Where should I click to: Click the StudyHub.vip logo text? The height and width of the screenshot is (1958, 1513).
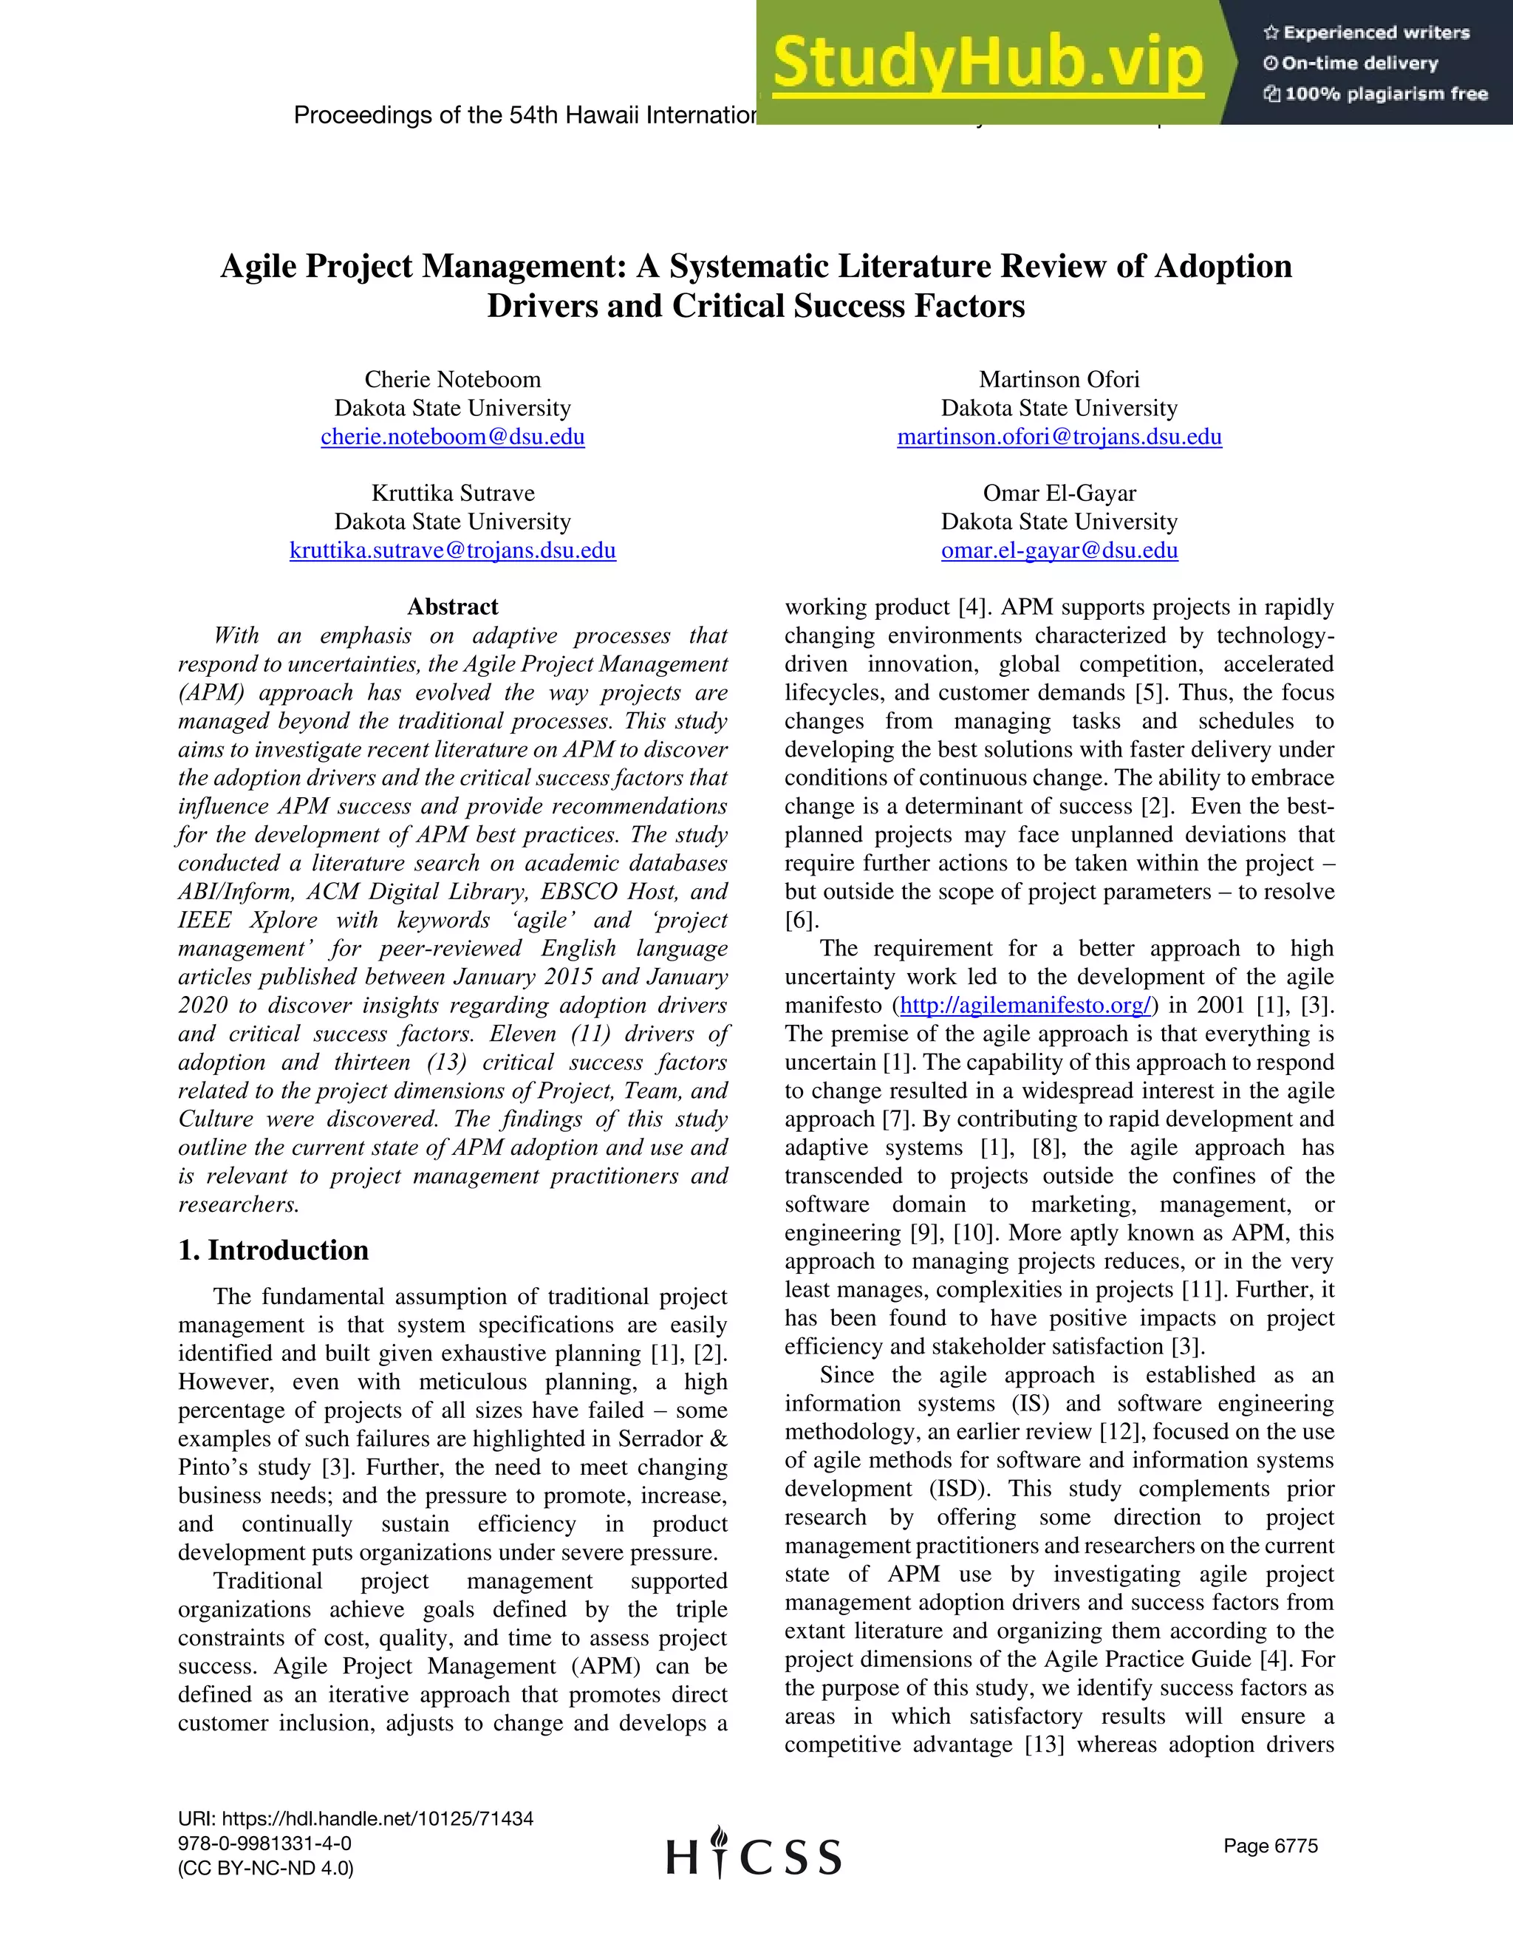988,63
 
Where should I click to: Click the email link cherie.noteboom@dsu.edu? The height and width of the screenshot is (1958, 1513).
453,437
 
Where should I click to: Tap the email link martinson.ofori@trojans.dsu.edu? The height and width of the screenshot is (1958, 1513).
1059,437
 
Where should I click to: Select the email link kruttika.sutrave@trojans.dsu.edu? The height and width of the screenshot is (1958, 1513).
453,550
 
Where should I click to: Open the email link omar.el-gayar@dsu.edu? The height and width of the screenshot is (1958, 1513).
1059,550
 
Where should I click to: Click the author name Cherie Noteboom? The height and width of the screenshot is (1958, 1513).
453,379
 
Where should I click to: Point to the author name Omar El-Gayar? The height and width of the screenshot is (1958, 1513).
1059,493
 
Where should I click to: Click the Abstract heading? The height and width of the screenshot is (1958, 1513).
453,607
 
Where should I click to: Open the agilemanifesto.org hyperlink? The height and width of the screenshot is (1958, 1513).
1025,1005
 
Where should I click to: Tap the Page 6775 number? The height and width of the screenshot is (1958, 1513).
1270,1845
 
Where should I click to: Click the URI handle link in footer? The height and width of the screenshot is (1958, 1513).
356,1818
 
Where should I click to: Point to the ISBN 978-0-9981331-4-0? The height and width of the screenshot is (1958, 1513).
264,1843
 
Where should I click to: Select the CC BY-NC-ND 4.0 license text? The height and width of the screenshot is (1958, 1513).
265,1869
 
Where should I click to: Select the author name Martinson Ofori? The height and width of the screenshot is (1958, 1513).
1059,379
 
